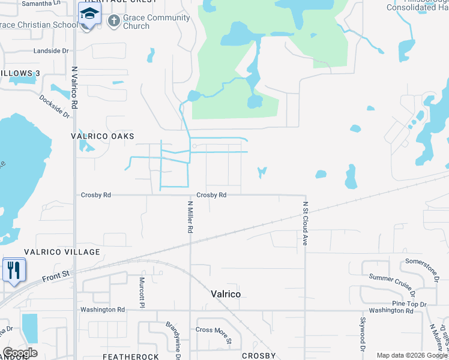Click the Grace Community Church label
click(156, 22)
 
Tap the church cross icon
click(113, 22)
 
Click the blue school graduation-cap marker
click(89, 14)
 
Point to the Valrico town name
click(226, 294)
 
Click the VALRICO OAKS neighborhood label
click(102, 136)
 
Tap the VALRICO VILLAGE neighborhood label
click(62, 252)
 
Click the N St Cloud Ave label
click(305, 223)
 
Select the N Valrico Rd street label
click(75, 87)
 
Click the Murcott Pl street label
click(143, 292)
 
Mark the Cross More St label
click(214, 334)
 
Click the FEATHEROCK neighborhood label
click(131, 356)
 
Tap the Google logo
click(20, 352)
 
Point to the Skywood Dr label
click(363, 334)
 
